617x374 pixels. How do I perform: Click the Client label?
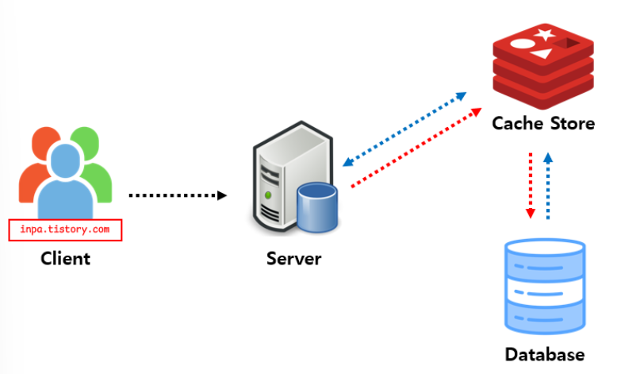pyautogui.click(x=65, y=258)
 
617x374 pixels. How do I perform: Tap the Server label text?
pyautogui.click(x=293, y=259)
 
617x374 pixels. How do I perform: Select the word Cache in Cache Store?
pyautogui.click(x=516, y=124)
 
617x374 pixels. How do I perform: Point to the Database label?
pyautogui.click(x=544, y=354)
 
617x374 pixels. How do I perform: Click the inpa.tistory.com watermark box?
pyautogui.click(x=65, y=230)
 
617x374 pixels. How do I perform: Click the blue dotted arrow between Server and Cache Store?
pyautogui.click(x=404, y=128)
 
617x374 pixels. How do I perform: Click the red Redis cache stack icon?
pyautogui.click(x=543, y=67)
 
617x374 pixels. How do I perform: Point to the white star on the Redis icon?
pyautogui.click(x=545, y=34)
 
